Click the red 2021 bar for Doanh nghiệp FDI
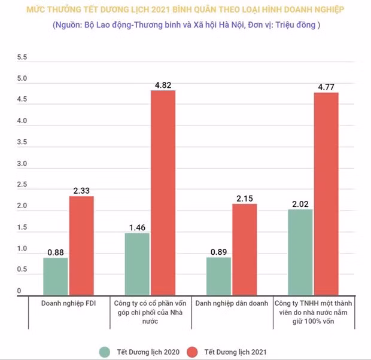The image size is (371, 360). (81, 246)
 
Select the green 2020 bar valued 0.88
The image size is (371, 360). (56, 277)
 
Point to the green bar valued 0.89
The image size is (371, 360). (218, 277)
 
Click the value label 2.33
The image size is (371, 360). (81, 190)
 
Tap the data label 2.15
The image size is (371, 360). (244, 198)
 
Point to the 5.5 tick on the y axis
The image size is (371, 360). (22, 57)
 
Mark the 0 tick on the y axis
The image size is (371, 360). (19, 291)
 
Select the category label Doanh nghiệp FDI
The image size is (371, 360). (69, 303)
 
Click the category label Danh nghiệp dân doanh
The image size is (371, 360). (232, 303)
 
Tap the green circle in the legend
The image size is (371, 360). (105, 350)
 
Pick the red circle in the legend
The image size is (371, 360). (191, 350)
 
